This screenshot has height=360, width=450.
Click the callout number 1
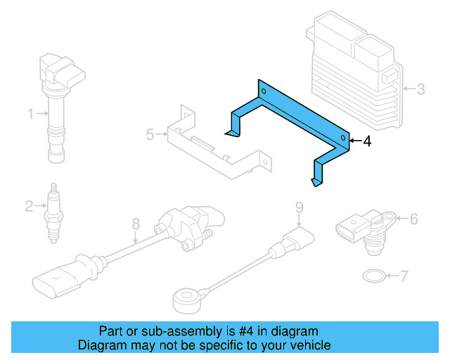pos(30,113)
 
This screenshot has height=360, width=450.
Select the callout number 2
pos(29,206)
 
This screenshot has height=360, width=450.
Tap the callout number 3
pos(420,89)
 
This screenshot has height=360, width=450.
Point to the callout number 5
pos(149,134)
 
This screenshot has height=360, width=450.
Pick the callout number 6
pos(413,219)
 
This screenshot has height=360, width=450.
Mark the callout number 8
pos(136,224)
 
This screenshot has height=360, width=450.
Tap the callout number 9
pos(298,207)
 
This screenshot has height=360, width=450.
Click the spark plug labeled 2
pos(53,214)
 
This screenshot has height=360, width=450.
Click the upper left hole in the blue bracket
pos(264,91)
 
